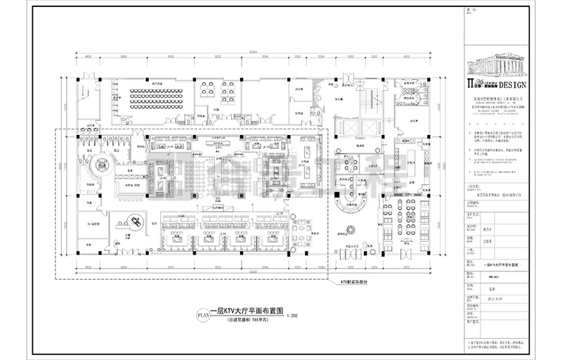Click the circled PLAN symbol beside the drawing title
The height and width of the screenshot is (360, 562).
coord(202,316)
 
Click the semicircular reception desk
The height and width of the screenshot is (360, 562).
coord(351,204)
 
